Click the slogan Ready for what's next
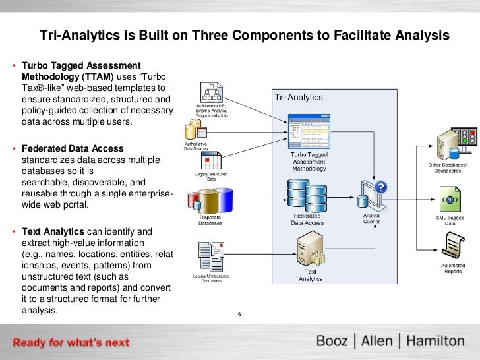[72, 343]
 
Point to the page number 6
[239, 313]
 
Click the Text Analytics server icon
[307, 251]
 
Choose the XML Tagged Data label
[450, 220]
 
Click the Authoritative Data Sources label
[195, 146]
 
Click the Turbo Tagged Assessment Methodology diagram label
[309, 161]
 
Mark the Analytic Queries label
[371, 218]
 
